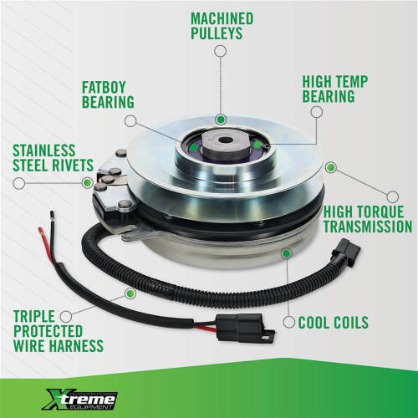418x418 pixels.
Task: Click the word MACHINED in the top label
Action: tap(222, 18)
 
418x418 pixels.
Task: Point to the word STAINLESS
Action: tap(47, 152)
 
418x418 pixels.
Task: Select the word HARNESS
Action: tap(76, 345)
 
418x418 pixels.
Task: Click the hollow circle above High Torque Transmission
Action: tap(331, 166)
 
